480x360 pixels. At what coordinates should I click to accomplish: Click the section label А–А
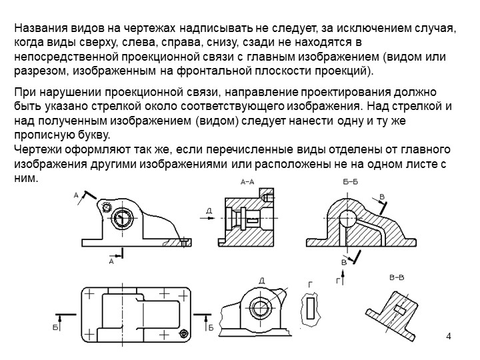pos(247,182)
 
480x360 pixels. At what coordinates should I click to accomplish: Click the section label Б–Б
pos(350,182)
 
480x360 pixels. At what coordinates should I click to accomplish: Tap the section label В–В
pos(397,277)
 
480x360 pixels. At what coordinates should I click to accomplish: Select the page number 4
pos(449,336)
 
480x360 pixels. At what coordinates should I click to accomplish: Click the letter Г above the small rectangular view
pos(311,285)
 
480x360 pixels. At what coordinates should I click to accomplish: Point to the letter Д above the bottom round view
pos(262,281)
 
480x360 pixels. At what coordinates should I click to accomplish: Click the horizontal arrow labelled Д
pos(208,218)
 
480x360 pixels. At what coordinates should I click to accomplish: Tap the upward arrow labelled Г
pos(343,277)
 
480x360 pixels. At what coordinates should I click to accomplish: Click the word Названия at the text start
pos(41,28)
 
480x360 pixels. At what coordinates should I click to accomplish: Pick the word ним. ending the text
pos(26,179)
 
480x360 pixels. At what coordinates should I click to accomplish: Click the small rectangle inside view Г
pos(311,307)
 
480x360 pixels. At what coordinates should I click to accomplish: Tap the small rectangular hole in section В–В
pos(400,310)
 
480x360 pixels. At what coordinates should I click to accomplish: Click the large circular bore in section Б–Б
pos(347,218)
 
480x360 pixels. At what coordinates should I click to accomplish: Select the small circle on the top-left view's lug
pos(107,207)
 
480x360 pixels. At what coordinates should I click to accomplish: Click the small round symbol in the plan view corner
pos(184,333)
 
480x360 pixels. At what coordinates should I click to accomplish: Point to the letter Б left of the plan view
pos(55,328)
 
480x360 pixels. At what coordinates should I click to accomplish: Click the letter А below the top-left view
pos(111,261)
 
